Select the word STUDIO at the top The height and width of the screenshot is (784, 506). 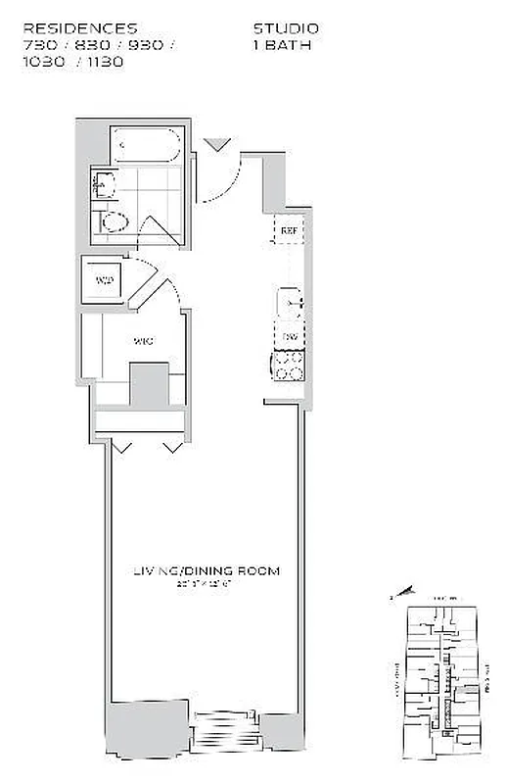286,29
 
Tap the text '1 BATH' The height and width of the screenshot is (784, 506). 283,44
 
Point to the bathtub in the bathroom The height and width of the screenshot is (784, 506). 146,147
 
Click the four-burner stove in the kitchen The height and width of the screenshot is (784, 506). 287,367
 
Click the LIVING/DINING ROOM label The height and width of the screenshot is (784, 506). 207,570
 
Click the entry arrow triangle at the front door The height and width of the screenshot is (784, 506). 218,145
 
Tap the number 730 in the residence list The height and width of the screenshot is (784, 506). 39,45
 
